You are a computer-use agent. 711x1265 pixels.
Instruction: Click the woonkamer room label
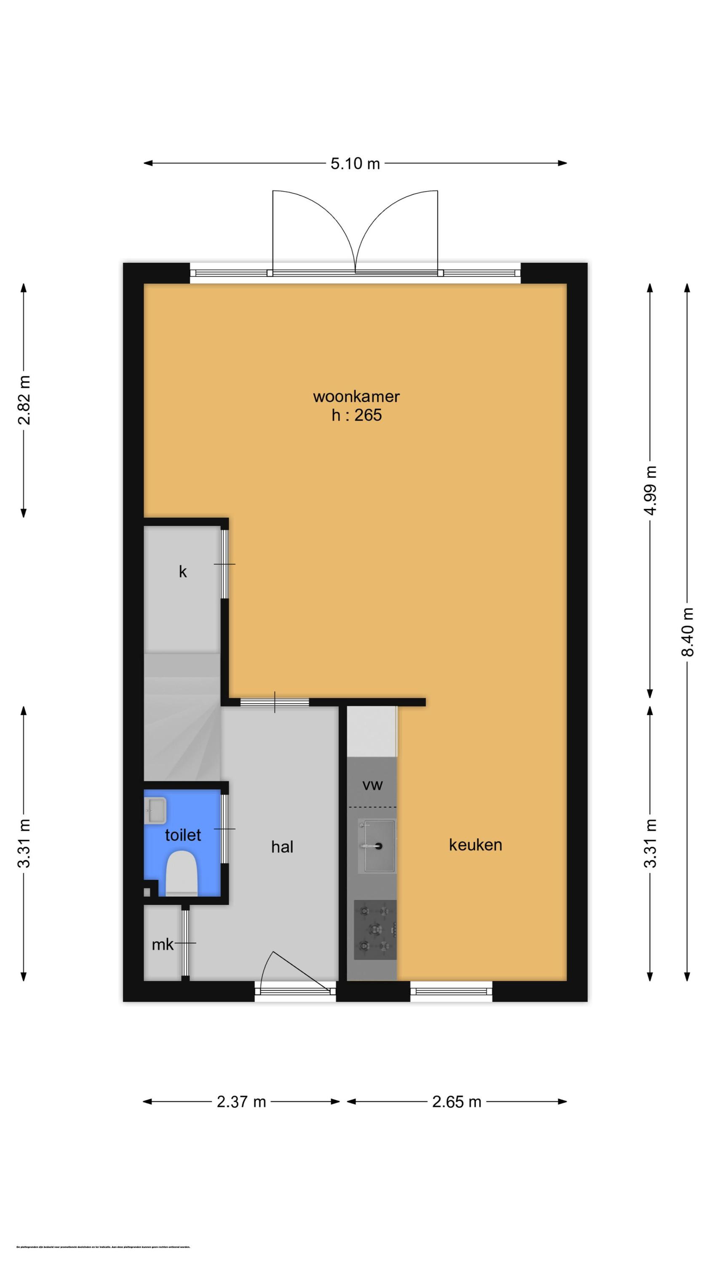[x=356, y=396]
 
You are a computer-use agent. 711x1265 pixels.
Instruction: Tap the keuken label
[x=475, y=845]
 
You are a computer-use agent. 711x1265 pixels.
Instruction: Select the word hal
[x=282, y=847]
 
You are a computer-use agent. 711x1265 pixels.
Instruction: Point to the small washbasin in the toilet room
[x=155, y=810]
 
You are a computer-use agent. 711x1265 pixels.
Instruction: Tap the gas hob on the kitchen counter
[x=375, y=929]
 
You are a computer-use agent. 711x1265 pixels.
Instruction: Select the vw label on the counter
[x=372, y=785]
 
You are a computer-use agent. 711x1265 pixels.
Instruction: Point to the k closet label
[x=182, y=572]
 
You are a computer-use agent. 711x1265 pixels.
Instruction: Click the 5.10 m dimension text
[x=355, y=164]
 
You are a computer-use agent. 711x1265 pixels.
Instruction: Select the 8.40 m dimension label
[x=687, y=632]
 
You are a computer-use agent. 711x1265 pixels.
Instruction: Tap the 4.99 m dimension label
[x=651, y=490]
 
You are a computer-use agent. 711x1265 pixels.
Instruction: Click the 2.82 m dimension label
[x=24, y=400]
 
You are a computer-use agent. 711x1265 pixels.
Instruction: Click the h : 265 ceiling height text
[x=356, y=415]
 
